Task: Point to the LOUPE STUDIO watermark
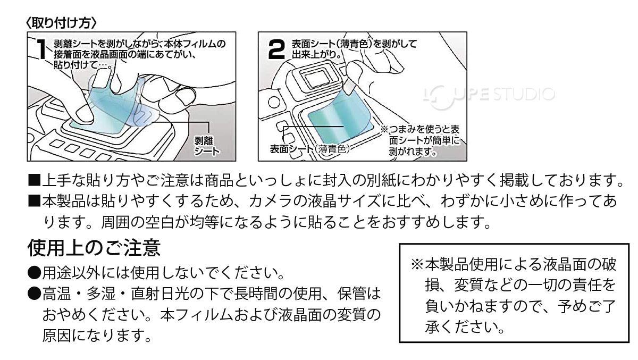pos(488,96)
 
